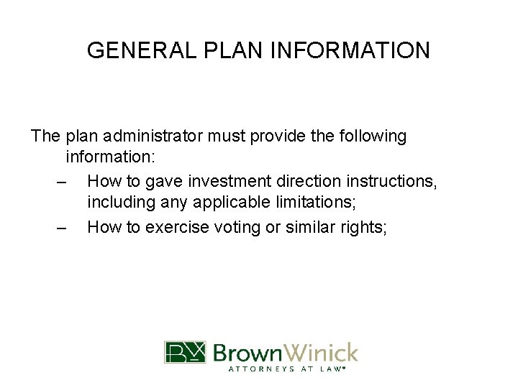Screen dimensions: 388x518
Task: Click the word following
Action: tap(366, 136)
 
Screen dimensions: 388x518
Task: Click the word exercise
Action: tap(175, 228)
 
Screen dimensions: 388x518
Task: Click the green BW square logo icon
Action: tap(185, 352)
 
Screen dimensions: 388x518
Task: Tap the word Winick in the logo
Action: tap(322, 352)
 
